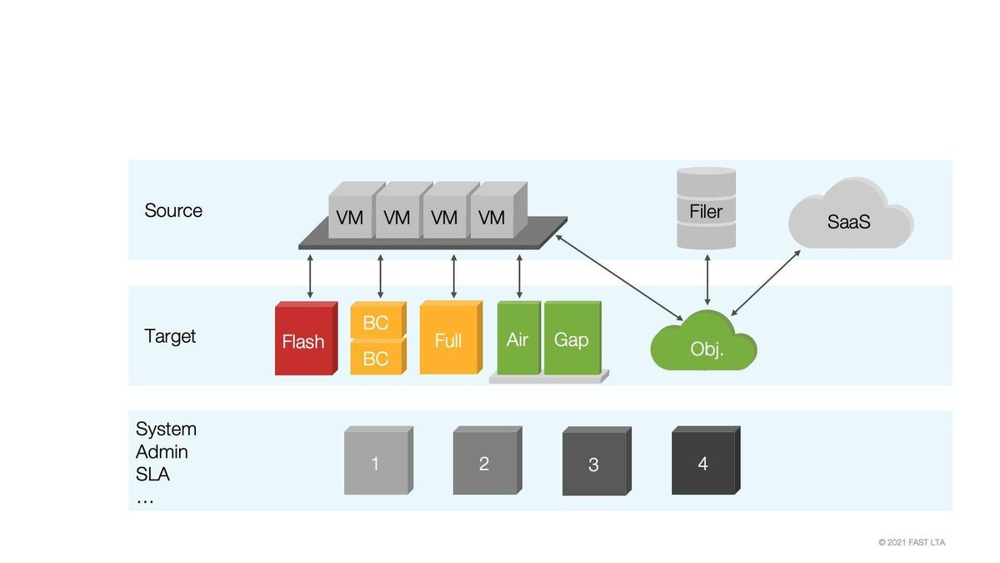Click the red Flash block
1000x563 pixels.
tap(304, 340)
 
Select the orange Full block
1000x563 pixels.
tap(449, 339)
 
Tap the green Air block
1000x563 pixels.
tap(517, 339)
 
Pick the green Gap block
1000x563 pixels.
tap(571, 339)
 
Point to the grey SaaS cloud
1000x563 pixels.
tap(850, 219)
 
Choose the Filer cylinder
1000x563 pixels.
tap(706, 209)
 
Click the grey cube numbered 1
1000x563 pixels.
tap(376, 463)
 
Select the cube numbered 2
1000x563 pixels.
tap(485, 463)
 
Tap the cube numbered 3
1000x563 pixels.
tap(594, 464)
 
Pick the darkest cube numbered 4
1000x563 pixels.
tap(703, 463)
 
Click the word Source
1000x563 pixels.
tap(173, 210)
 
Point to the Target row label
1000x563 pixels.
tap(170, 336)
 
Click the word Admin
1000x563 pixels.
tap(162, 452)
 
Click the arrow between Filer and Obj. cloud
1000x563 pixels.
tap(707, 280)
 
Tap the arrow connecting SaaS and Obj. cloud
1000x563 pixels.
tap(765, 283)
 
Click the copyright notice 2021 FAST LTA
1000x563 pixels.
tap(912, 542)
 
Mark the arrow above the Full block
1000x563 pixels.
tap(453, 276)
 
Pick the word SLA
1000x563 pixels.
tap(152, 475)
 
